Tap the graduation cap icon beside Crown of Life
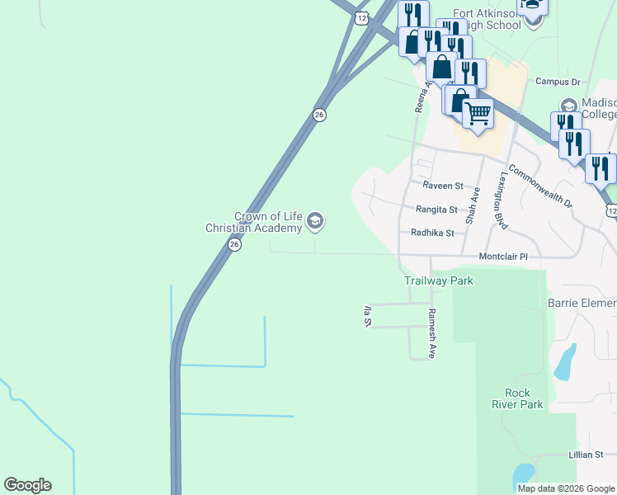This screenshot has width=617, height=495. point(314,221)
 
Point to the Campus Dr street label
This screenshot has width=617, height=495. point(558,82)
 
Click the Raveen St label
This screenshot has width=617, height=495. point(443,186)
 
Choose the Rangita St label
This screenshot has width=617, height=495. point(436,210)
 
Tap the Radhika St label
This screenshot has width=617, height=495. point(433,233)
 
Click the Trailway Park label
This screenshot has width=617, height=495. point(439,280)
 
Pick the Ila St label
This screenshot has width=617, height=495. point(367,316)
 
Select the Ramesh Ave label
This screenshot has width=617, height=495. point(431,333)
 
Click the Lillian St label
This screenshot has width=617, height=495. point(586,455)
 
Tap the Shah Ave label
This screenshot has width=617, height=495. point(473,205)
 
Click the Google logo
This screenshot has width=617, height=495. point(27,485)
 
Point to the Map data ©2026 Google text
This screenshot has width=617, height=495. point(566,488)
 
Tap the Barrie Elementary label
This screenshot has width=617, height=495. point(582,303)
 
